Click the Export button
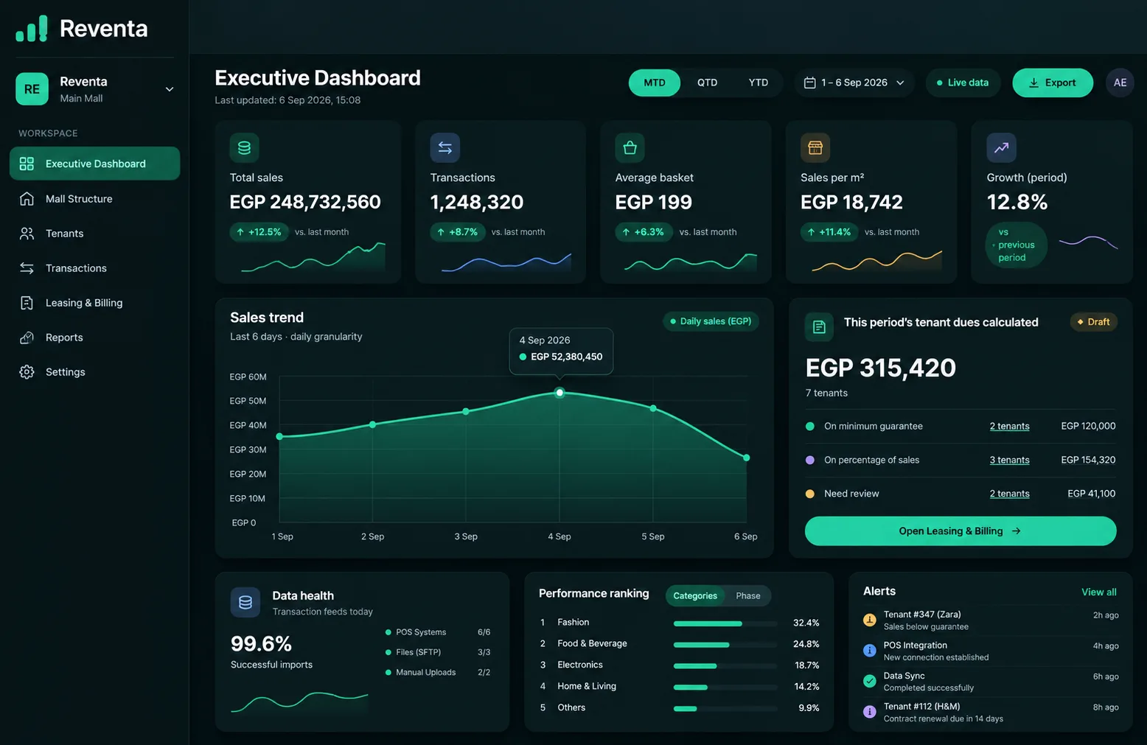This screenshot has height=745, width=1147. pyautogui.click(x=1052, y=83)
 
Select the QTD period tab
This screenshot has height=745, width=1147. pyautogui.click(x=707, y=83)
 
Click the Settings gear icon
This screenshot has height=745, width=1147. pyautogui.click(x=27, y=371)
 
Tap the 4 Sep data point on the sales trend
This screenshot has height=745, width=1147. pyautogui.click(x=559, y=393)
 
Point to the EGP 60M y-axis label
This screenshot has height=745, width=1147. pyautogui.click(x=248, y=377)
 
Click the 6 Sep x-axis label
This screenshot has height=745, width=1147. pyautogui.click(x=745, y=536)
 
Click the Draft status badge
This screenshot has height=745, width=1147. pyautogui.click(x=1093, y=321)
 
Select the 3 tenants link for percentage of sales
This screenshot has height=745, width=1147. pyautogui.click(x=1009, y=460)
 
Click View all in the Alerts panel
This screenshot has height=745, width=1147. pyautogui.click(x=1099, y=592)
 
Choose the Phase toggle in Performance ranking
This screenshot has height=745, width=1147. pyautogui.click(x=747, y=595)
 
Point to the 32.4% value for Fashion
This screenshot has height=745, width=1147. pyautogui.click(x=806, y=623)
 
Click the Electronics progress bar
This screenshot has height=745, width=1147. pyautogui.click(x=725, y=665)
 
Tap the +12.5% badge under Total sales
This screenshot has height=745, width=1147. pyautogui.click(x=259, y=232)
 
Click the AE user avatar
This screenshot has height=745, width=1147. pyautogui.click(x=1120, y=83)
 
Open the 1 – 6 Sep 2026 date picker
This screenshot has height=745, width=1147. pyautogui.click(x=854, y=83)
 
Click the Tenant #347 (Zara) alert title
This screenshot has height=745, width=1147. pyautogui.click(x=921, y=614)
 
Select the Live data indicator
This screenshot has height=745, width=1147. pyautogui.click(x=963, y=83)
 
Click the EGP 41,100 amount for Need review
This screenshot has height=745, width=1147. pyautogui.click(x=1091, y=494)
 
